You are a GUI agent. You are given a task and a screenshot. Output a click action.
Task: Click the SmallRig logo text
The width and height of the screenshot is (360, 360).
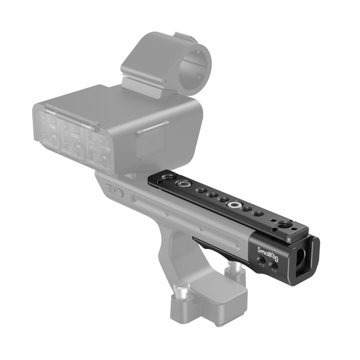click(x=267, y=250)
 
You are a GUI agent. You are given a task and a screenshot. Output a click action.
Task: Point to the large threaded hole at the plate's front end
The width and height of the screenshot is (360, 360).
click(x=283, y=226)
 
